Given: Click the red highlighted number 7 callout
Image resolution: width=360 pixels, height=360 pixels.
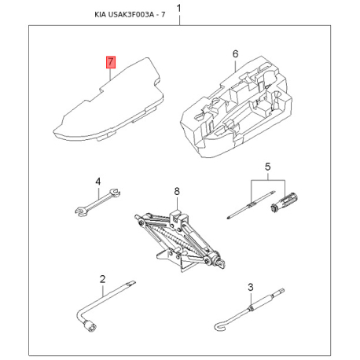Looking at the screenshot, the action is [111, 62].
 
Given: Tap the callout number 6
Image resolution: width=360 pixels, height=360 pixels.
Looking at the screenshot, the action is [236, 54].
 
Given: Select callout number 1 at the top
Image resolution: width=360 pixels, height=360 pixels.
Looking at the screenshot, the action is [179, 9].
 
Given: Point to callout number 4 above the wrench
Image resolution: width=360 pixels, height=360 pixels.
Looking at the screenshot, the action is [97, 182].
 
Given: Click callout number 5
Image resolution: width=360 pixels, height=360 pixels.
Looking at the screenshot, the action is [267, 167].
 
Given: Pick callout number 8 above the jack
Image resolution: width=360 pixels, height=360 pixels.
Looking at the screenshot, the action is [177, 191].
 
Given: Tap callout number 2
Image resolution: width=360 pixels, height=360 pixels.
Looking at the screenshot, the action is [102, 279].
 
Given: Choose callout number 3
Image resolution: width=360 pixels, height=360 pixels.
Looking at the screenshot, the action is [251, 287].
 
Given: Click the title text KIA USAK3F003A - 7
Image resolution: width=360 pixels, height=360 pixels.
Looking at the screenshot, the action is [130, 14].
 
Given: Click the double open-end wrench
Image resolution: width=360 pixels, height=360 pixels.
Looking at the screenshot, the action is [97, 202].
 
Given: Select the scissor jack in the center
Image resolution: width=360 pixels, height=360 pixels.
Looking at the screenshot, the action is [179, 240].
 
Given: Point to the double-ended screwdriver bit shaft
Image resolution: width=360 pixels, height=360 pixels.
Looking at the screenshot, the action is [251, 204].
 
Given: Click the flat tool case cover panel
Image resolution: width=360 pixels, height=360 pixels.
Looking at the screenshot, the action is [108, 100].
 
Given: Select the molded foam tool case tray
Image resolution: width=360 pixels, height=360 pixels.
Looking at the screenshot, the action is [236, 107].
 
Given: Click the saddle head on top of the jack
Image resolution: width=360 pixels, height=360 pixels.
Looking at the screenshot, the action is [178, 217].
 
